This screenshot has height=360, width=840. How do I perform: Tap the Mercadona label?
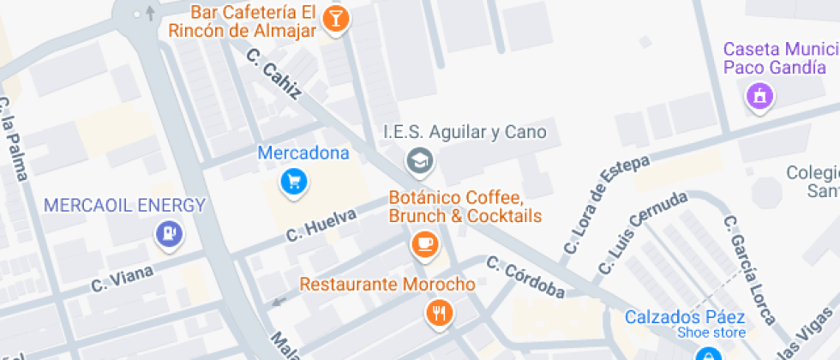tap(303, 154)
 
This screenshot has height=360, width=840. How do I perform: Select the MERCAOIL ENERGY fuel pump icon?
tap(168, 232)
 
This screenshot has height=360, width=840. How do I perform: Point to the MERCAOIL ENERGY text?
tap(125, 206)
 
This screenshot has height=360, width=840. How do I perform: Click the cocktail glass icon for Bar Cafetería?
tap(335, 19)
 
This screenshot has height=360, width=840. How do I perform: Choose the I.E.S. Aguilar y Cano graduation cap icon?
tap(419, 160)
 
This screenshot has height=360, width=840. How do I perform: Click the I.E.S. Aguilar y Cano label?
tap(464, 134)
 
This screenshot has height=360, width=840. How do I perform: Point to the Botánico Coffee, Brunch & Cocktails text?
tap(465, 207)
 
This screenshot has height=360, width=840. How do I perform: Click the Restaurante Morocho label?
tap(387, 285)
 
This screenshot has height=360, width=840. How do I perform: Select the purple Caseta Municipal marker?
tap(759, 97)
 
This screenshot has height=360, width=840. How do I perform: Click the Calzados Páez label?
tap(685, 316)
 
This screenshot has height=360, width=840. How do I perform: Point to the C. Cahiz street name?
tap(273, 74)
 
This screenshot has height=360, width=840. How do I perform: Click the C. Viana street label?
tap(122, 278)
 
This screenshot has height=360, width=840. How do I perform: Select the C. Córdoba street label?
tap(526, 278)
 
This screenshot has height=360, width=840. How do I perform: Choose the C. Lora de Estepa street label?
tap(606, 205)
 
